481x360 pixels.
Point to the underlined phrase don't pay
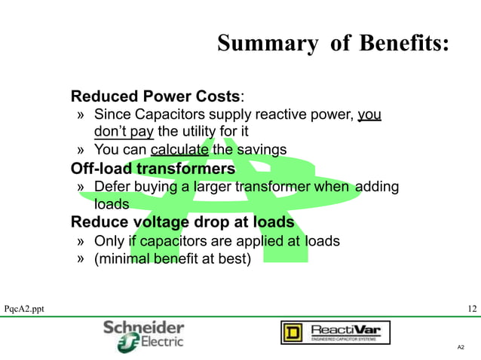(x=124, y=133)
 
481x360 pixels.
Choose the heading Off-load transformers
(x=153, y=169)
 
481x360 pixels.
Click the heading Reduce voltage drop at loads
(x=182, y=222)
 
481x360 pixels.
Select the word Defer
(x=112, y=186)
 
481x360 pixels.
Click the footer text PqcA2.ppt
(x=24, y=310)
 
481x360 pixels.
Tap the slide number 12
(x=472, y=310)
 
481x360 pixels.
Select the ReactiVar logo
(x=335, y=332)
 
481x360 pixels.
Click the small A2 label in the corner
(x=461, y=347)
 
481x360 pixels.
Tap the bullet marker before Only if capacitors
(x=81, y=242)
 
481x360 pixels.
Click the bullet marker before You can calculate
(x=81, y=149)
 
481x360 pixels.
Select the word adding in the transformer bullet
(x=377, y=186)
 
